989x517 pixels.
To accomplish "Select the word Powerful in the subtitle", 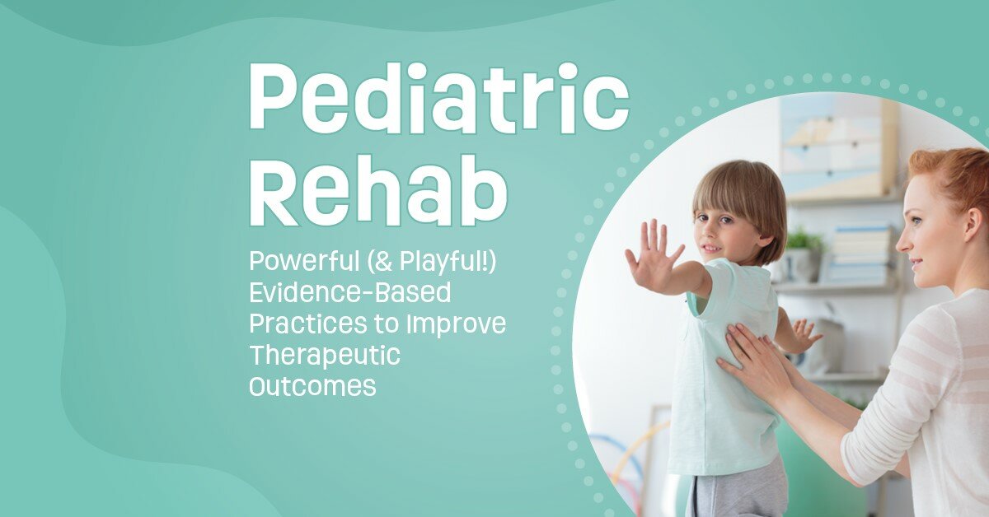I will [x=300, y=263].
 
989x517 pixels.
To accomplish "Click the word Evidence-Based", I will [x=350, y=293].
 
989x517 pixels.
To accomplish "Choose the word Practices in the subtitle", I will [x=302, y=324].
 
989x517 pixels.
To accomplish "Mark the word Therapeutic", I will [x=324, y=356].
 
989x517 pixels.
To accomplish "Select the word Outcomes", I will [x=312, y=386].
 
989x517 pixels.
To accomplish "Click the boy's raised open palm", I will [x=652, y=258].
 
